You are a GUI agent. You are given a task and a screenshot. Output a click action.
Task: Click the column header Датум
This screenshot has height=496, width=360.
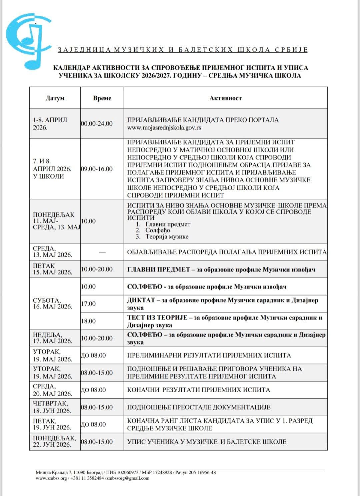55,98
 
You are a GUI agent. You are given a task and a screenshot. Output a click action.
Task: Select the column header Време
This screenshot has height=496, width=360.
102,98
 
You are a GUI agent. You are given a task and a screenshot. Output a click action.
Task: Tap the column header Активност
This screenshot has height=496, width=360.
225,98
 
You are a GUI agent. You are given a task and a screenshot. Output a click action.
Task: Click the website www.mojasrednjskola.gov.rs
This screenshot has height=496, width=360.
164,127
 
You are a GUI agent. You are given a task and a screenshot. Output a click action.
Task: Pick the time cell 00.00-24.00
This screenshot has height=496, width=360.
97,123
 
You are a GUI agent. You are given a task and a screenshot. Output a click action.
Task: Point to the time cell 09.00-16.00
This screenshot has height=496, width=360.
97,169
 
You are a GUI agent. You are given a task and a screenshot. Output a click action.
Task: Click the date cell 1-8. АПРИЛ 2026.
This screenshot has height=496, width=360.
50,123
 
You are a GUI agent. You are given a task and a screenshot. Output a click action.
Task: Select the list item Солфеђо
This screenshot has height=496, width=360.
157,230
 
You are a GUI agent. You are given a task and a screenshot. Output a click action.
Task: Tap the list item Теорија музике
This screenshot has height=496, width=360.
167,236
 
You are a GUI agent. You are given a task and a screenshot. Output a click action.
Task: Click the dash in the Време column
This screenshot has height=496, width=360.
102,253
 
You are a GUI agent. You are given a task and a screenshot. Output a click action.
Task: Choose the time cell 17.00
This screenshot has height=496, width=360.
88,304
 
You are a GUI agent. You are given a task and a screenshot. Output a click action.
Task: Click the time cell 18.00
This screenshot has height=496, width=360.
88,321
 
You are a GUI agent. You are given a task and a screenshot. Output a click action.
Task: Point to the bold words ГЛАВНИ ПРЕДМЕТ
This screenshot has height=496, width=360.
158,269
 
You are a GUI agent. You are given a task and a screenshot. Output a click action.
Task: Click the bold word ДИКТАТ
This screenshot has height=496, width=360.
141,300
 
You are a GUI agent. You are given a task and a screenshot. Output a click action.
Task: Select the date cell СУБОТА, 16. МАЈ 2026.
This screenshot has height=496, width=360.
52,303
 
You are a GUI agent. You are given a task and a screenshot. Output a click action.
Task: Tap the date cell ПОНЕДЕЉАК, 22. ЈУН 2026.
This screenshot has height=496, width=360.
54,441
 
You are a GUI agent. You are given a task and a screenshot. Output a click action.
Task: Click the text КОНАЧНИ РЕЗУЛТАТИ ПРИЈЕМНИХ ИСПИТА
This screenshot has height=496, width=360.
198,390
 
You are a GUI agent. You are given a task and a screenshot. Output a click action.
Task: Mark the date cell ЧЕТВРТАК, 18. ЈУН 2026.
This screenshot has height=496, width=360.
52,407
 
